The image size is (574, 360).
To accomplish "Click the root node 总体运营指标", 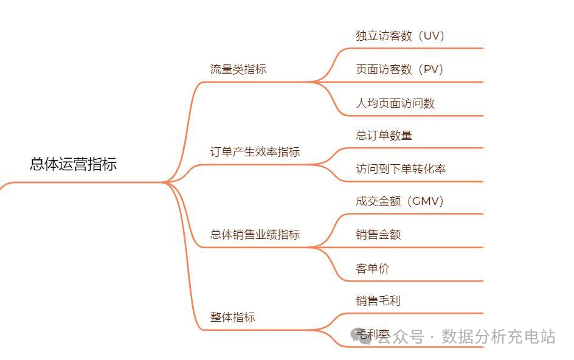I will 73,164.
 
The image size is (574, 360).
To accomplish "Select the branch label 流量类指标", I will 238,69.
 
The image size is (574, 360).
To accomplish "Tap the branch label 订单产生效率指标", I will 255,152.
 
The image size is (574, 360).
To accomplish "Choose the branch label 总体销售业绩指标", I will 255,235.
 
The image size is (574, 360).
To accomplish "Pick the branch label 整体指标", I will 233,317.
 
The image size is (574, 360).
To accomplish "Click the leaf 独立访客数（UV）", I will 401,36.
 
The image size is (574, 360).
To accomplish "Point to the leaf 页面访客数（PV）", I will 400,69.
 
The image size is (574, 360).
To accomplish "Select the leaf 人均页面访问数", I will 395,103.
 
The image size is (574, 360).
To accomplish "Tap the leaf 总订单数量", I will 384,136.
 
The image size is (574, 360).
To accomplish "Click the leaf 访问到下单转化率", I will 401,169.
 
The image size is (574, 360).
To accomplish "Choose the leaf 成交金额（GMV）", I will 400,201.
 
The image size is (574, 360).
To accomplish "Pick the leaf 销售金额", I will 378,235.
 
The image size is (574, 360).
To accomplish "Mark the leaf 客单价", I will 373,268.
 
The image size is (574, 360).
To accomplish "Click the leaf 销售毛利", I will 378,300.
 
